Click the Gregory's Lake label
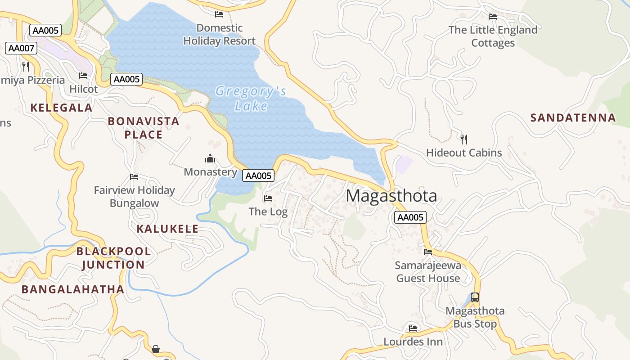click(251, 98)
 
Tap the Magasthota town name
click(391, 196)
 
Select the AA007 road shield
click(21, 48)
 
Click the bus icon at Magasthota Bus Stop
click(475, 297)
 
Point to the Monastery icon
click(210, 159)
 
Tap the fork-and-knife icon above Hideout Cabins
click(464, 139)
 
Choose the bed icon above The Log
click(268, 198)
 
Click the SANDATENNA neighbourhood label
click(573, 118)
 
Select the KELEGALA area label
click(61, 108)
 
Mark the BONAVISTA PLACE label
click(144, 128)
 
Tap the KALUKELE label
click(167, 229)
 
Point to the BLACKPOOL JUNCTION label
click(113, 258)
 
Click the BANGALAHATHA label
click(73, 289)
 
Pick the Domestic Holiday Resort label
click(220, 34)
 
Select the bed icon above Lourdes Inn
click(413, 328)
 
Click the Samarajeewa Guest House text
click(428, 272)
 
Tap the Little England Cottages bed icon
click(493, 17)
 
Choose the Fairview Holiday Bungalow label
click(134, 197)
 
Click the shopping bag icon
click(156, 349)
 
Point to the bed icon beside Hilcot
click(83, 76)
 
